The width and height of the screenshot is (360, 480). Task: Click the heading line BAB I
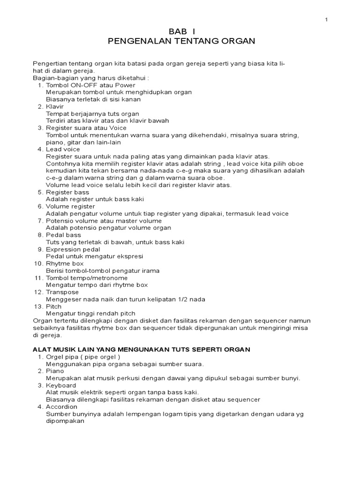[181, 31]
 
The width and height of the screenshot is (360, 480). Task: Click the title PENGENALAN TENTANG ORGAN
[181, 41]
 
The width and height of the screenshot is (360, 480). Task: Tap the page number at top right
[326, 19]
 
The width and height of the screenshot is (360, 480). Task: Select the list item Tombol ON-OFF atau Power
[90, 85]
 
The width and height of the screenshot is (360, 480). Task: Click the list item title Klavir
[55, 106]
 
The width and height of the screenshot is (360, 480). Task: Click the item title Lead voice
[63, 150]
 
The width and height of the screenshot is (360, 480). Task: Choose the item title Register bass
[67, 192]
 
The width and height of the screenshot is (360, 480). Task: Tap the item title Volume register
[70, 206]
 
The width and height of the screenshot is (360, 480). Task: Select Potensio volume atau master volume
[104, 221]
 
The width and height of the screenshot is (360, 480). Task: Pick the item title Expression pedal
[73, 249]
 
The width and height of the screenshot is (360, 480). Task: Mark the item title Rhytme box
[65, 263]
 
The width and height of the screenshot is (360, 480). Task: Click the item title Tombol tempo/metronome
[87, 278]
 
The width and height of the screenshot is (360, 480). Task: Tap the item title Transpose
[62, 292]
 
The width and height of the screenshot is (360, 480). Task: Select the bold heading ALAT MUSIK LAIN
[141, 349]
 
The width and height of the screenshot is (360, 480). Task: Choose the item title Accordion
[61, 407]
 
